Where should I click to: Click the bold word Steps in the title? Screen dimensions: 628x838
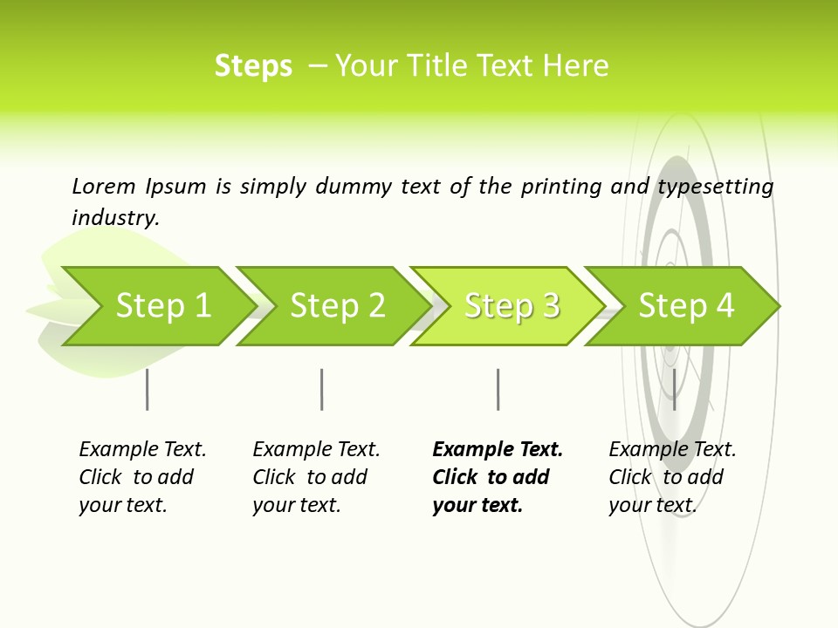[x=253, y=66]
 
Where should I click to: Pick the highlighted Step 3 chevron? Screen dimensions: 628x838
[x=512, y=305]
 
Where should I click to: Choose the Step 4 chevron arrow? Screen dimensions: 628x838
[x=686, y=305]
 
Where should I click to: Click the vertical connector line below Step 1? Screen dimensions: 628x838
[x=147, y=389]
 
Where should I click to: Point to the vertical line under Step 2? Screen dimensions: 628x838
[x=321, y=389]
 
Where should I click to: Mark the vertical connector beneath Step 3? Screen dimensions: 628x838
[x=498, y=389]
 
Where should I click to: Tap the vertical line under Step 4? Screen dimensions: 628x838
[x=674, y=389]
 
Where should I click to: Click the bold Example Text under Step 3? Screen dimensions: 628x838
[x=496, y=477]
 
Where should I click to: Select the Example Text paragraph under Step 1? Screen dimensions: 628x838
[x=141, y=477]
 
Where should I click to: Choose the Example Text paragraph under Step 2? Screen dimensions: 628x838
[x=315, y=477]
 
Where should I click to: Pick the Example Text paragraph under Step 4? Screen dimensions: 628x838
[x=671, y=477]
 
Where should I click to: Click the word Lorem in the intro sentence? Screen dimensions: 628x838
[x=104, y=186]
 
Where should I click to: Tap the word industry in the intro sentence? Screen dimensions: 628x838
[x=115, y=217]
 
